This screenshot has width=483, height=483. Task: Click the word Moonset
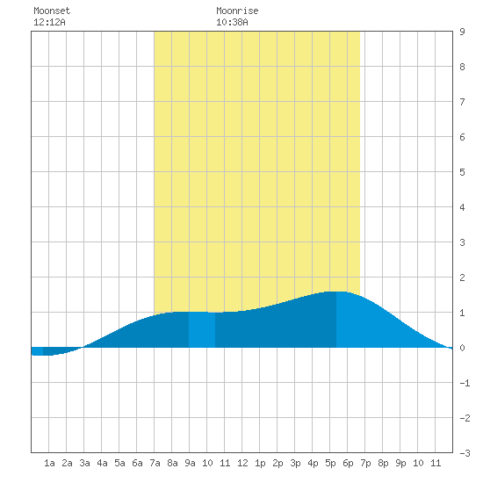(52, 11)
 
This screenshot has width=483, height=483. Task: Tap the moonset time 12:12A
(49, 22)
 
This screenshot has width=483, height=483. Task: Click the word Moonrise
(237, 11)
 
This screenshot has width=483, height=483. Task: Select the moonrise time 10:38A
(232, 22)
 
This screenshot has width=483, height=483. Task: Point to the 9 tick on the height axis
(462, 32)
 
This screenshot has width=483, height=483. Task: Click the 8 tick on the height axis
(462, 67)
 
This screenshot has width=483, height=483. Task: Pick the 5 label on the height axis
(462, 172)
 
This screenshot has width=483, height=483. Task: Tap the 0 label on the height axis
(462, 348)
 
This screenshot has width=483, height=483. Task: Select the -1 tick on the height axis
(465, 383)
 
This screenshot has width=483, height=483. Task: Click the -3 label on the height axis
(465, 453)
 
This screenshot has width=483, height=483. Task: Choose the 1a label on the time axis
(49, 463)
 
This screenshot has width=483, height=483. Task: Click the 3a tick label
(84, 463)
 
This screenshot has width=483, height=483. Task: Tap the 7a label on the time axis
(155, 463)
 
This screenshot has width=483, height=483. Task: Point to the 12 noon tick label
(242, 463)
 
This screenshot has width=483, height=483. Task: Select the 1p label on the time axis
(260, 463)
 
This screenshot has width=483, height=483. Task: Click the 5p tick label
(330, 463)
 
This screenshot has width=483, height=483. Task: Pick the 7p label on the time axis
(365, 463)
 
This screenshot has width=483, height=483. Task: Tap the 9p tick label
(400, 463)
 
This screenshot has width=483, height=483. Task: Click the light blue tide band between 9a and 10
(202, 329)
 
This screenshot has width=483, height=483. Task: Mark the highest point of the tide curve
(336, 292)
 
